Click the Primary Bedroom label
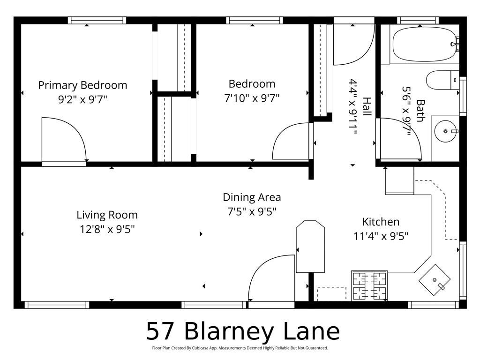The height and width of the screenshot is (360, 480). pyautogui.click(x=82, y=85)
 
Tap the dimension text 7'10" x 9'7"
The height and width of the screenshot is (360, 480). pyautogui.click(x=252, y=98)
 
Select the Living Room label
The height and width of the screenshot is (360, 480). pyautogui.click(x=107, y=215)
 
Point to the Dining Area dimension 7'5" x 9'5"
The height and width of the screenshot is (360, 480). pyautogui.click(x=252, y=211)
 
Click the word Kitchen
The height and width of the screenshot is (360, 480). pyautogui.click(x=381, y=222)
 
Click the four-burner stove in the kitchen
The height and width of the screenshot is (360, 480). pyautogui.click(x=369, y=285)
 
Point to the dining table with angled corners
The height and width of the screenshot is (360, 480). pyautogui.click(x=310, y=246)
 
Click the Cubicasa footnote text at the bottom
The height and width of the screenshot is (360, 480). pyautogui.click(x=240, y=348)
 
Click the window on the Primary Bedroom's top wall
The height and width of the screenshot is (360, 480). pyautogui.click(x=97, y=20)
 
